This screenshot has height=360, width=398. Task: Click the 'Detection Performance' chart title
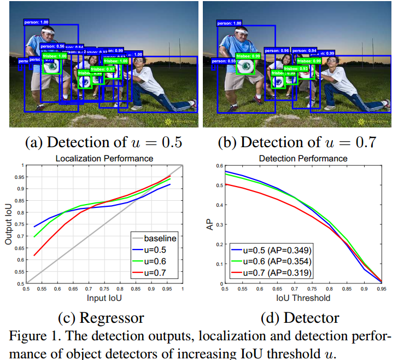[x=302, y=159]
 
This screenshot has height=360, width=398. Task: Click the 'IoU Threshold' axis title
[x=302, y=298]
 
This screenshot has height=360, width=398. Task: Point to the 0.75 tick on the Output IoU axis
[x=20, y=224]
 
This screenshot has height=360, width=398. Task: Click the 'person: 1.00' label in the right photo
[x=229, y=24]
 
